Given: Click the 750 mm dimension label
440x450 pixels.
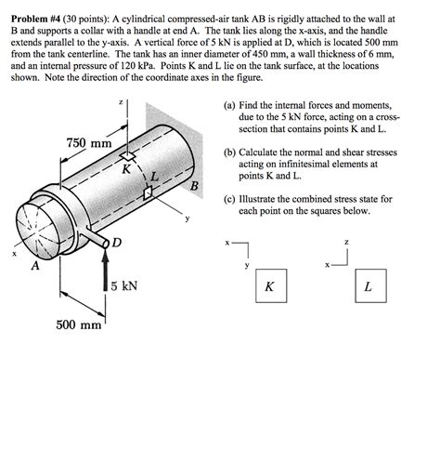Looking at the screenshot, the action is (89, 143).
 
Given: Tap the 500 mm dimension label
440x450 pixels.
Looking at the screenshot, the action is (79, 325).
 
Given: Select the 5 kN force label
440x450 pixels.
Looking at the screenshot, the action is (124, 285).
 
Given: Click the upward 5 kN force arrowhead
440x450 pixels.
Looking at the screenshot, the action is (106, 255).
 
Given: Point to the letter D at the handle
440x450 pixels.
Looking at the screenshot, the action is (116, 243).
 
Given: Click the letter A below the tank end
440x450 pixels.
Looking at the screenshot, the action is (36, 266).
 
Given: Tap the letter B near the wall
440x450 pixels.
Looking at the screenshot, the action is (194, 186).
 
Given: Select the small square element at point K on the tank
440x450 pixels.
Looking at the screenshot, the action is (127, 156).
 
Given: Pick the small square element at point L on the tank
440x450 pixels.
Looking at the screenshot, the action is (149, 192).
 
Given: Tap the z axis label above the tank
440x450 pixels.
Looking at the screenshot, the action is (122, 101).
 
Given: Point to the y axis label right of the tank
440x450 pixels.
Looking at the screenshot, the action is (188, 218).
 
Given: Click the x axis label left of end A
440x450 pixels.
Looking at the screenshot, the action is (14, 254).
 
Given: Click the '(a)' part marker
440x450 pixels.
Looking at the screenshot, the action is (229, 106).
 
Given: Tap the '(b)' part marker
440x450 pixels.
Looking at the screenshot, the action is (229, 152).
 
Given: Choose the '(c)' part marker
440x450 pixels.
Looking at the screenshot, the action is (229, 199).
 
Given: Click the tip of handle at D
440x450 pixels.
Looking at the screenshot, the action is (106, 243).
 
